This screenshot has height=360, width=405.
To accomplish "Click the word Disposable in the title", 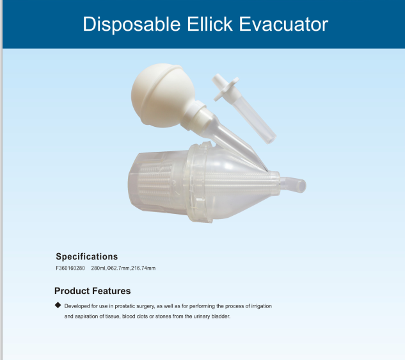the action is pyautogui.click(x=131, y=24).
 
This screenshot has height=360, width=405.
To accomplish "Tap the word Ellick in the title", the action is pyautogui.click(x=209, y=24).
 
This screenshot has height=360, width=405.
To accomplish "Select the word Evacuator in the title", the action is pyautogui.click(x=283, y=24).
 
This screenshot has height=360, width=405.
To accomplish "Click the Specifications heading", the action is pyautogui.click(x=87, y=257).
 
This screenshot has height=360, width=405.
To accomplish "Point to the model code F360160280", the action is pyautogui.click(x=70, y=268).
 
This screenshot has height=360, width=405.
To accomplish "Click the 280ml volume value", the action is pyautogui.click(x=98, y=268).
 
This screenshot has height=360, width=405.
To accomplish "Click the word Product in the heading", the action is pyautogui.click(x=72, y=291).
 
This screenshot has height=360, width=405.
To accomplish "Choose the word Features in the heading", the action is pyautogui.click(x=111, y=291).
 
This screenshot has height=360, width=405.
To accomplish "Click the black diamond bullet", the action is pyautogui.click(x=58, y=305).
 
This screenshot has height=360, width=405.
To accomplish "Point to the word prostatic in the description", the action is pyautogui.click(x=125, y=306).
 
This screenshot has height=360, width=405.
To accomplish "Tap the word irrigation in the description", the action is pyautogui.click(x=262, y=306).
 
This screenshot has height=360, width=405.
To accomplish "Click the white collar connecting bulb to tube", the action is pyautogui.click(x=194, y=115).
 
